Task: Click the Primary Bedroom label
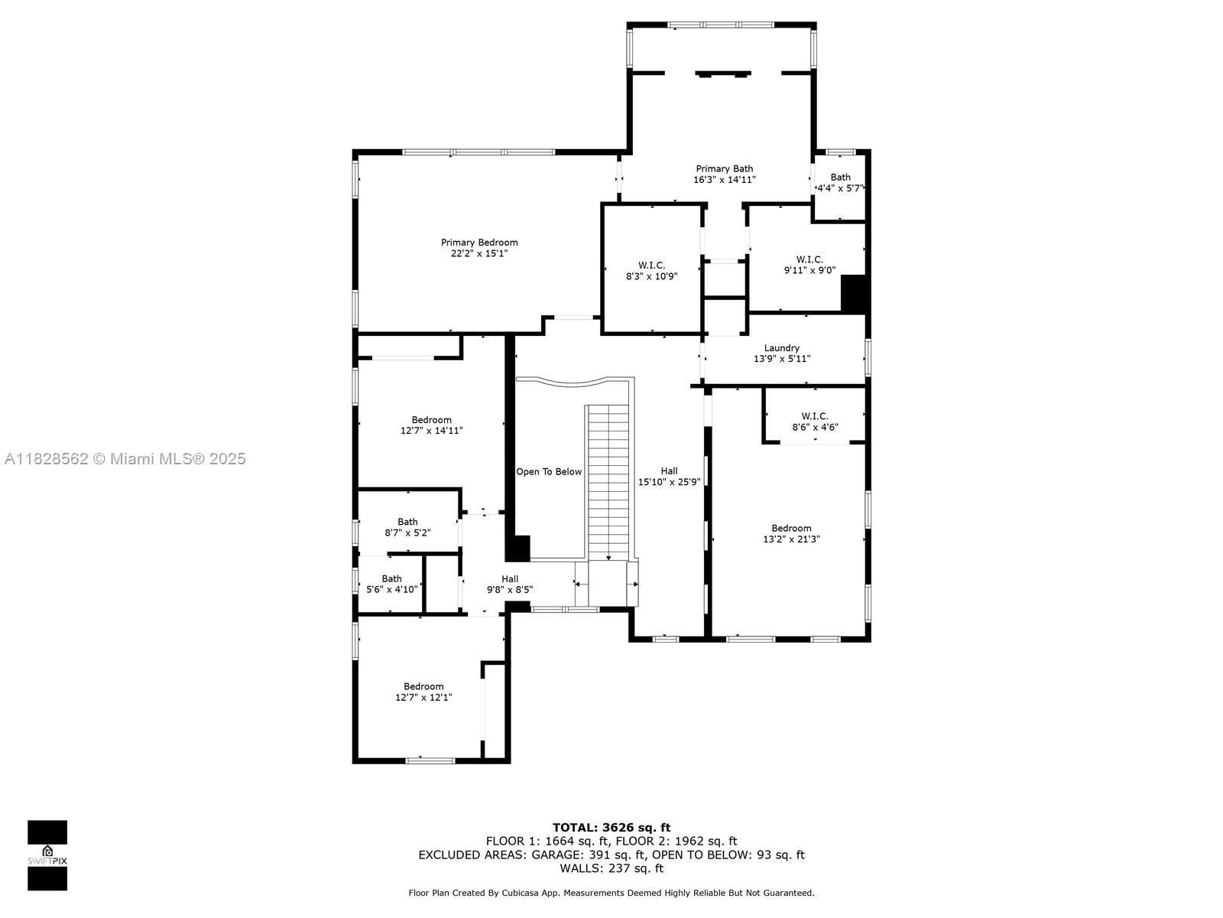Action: (479, 243)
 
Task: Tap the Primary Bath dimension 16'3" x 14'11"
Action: (725, 180)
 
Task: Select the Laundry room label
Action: (782, 348)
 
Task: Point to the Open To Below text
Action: (549, 471)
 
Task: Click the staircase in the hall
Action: (608, 483)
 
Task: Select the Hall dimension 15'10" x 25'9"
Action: (669, 482)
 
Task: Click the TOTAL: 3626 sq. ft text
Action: (611, 828)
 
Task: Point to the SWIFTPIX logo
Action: (47, 855)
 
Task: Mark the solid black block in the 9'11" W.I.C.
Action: (853, 293)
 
